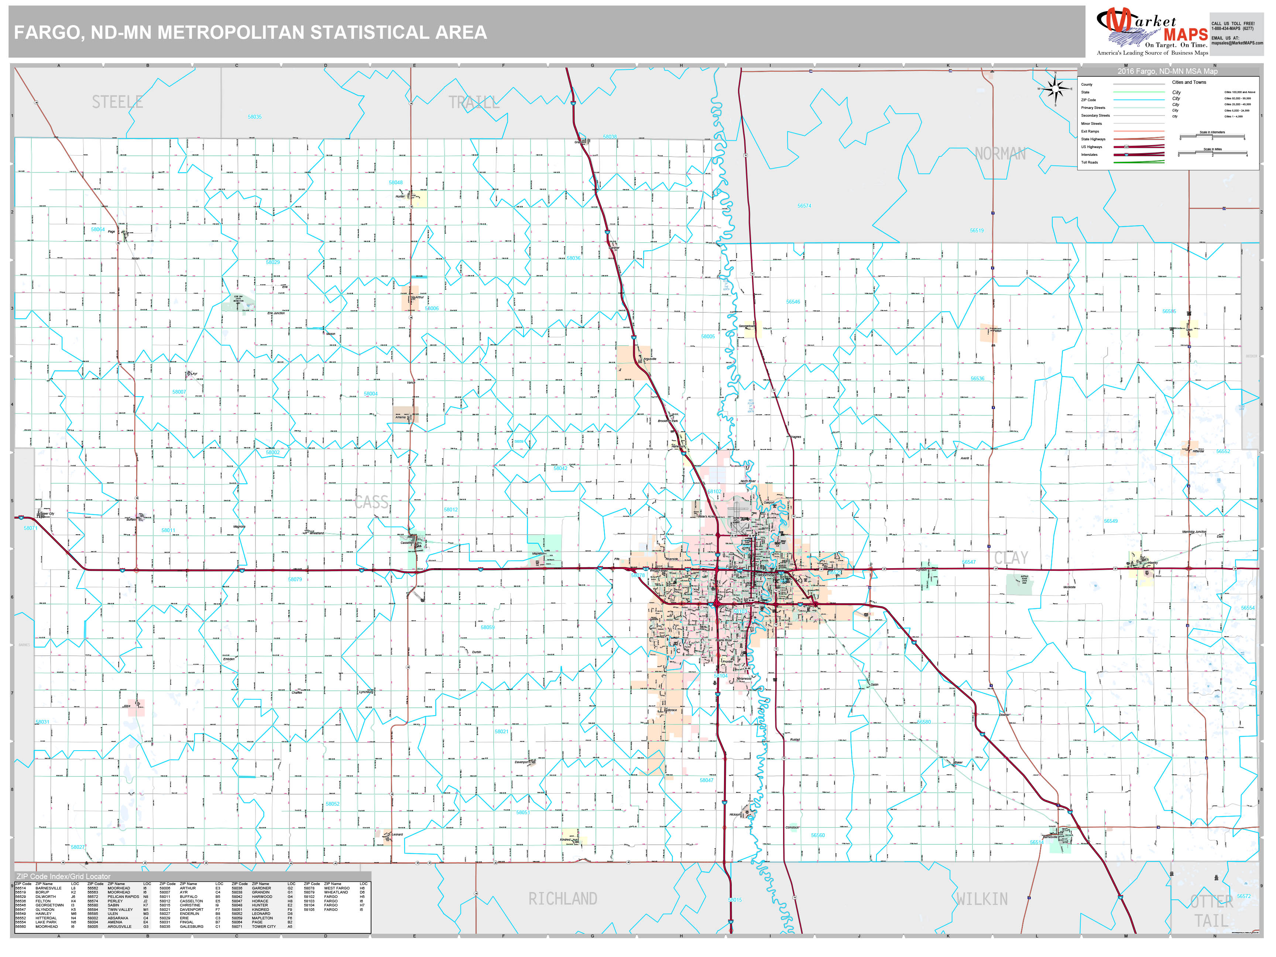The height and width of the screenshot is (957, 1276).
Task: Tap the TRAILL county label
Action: pyautogui.click(x=474, y=103)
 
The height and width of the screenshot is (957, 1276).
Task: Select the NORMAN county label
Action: pyautogui.click(x=1000, y=154)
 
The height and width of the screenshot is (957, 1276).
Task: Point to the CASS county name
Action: pyautogui.click(x=371, y=502)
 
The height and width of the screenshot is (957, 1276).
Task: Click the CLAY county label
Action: pyautogui.click(x=1011, y=558)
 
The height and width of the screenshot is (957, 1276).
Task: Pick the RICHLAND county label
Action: pyautogui.click(x=562, y=899)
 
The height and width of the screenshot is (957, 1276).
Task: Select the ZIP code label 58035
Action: pyautogui.click(x=254, y=117)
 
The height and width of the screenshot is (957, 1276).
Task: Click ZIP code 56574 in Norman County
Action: pyautogui.click(x=804, y=206)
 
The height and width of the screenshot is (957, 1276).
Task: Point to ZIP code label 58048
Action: pyautogui.click(x=396, y=183)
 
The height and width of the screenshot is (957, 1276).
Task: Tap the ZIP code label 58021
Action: pyautogui.click(x=501, y=731)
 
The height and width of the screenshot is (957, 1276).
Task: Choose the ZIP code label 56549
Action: pyautogui.click(x=1111, y=521)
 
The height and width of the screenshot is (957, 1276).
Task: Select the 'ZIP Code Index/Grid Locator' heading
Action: pyautogui.click(x=64, y=876)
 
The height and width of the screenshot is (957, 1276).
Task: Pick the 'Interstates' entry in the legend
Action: pyautogui.click(x=1090, y=155)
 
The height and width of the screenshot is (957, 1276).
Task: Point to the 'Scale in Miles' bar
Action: pyautogui.click(x=1212, y=154)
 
